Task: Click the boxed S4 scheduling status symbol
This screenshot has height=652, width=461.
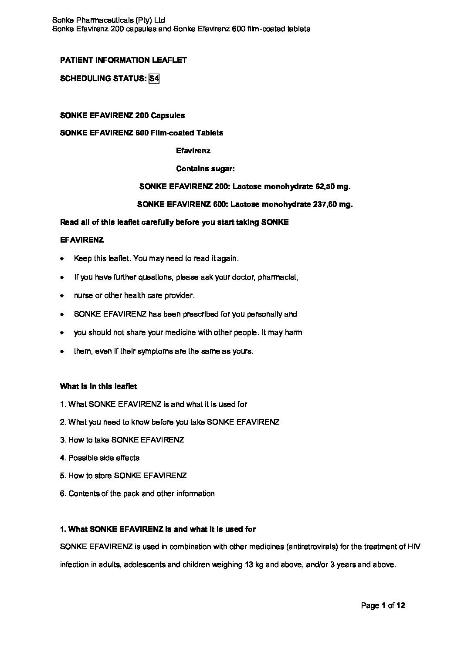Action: (154, 79)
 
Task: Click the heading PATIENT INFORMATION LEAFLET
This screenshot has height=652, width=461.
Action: (123, 61)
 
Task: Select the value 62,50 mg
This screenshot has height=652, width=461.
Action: (332, 187)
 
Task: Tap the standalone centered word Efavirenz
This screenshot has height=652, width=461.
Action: (193, 151)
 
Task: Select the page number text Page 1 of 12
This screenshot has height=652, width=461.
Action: (383, 605)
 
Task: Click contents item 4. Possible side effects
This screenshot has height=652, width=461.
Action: (100, 458)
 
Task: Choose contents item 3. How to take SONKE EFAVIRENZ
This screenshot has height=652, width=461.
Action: (122, 440)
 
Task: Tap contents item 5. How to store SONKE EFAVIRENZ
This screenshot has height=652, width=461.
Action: (123, 476)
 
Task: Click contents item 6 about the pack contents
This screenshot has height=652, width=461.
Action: (137, 493)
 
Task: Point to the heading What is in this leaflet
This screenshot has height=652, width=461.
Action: (98, 386)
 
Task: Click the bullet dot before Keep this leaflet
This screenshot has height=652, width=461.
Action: (63, 259)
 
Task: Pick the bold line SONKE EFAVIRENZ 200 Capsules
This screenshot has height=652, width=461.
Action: (122, 115)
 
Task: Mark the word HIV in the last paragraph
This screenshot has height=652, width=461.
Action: (414, 547)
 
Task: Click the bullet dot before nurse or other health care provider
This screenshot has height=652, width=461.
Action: (63, 296)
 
